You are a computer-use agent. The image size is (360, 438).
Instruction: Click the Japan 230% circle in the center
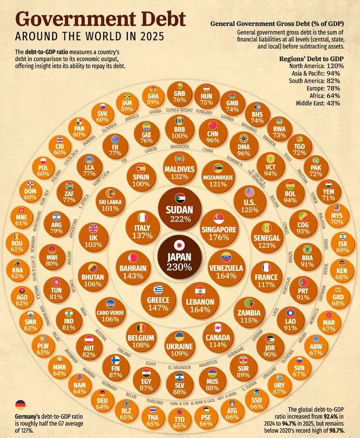(x=180, y=255)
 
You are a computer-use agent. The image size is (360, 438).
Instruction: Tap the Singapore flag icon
(x=219, y=218)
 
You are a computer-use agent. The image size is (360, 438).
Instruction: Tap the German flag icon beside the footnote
(x=21, y=404)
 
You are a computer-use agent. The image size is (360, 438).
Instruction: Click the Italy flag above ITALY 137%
(x=143, y=217)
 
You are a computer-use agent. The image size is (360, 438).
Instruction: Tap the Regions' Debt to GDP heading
(x=309, y=58)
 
